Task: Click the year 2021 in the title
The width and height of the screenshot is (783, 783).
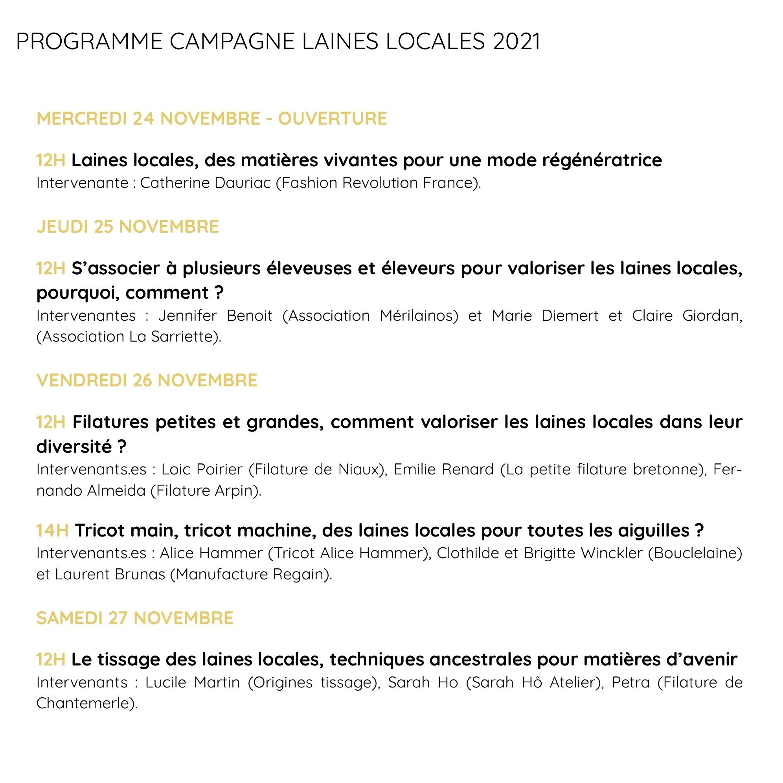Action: (516, 41)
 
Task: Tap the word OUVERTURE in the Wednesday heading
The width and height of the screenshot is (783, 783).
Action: (332, 118)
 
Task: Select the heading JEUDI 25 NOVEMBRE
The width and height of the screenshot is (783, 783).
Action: (128, 226)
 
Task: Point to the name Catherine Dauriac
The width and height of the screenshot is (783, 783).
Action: (205, 183)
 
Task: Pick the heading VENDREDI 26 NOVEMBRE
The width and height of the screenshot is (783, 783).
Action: (147, 380)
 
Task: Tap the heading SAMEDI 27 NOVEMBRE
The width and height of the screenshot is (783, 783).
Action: (135, 618)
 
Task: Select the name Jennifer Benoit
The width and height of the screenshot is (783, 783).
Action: (215, 315)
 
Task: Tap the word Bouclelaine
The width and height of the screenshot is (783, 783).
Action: (695, 553)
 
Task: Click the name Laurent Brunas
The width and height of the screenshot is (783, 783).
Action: (110, 574)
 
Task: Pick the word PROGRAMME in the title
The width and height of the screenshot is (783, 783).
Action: (89, 41)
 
